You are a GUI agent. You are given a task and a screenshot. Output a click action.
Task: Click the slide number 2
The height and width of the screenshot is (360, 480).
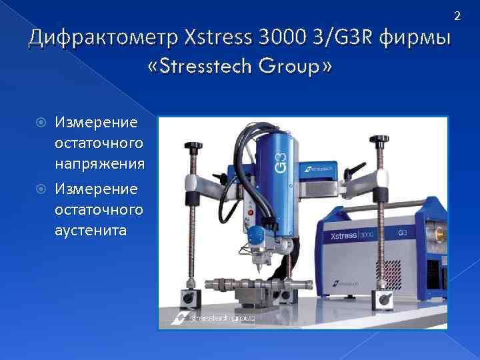click(457, 14)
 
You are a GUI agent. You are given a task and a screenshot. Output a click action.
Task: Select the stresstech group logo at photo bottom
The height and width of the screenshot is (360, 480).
click(213, 319)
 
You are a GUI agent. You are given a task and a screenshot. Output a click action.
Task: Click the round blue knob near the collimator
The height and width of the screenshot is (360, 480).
click(254, 235)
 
